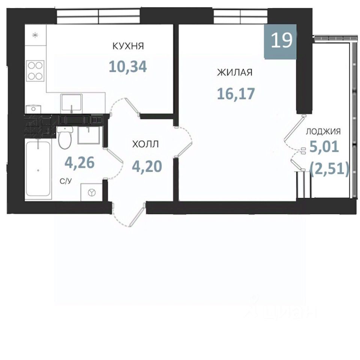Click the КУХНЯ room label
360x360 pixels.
click(x=128, y=46)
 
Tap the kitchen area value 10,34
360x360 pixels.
click(x=128, y=67)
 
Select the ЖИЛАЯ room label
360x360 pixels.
click(x=235, y=72)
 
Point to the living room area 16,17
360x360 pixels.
click(x=236, y=94)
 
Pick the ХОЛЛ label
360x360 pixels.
click(x=145, y=144)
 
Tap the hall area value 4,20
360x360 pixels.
click(x=147, y=166)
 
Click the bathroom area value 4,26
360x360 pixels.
click(x=79, y=162)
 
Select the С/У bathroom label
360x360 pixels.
click(x=66, y=181)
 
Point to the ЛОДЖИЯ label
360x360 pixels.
click(x=323, y=132)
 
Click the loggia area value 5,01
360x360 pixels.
click(x=324, y=147)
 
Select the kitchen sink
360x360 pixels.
click(x=71, y=104)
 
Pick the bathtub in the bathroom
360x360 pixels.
click(x=38, y=169)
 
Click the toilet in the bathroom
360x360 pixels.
click(x=65, y=137)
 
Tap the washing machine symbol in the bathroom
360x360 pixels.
click(x=91, y=192)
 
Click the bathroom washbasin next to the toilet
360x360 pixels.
click(x=89, y=135)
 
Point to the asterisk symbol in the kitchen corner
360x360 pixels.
click(x=35, y=35)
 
